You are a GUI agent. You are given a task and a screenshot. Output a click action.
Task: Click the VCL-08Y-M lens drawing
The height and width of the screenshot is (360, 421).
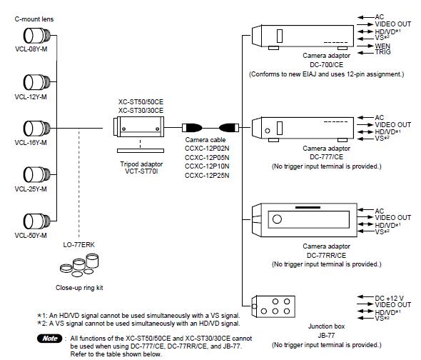tap(37, 36)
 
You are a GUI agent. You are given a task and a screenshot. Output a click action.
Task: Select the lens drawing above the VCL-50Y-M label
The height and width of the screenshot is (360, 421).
tap(37, 221)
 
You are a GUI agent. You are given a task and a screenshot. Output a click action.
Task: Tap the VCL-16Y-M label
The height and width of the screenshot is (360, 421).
tap(31, 142)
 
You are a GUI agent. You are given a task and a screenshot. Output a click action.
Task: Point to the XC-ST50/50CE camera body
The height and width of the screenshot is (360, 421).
tap(138, 126)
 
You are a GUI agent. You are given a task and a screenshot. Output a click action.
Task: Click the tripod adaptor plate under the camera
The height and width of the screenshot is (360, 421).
tap(141, 151)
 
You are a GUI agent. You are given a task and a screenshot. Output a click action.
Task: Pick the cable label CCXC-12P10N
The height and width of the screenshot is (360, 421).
tap(207, 166)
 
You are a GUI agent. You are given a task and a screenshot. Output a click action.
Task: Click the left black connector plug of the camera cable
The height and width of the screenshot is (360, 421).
tap(192, 127)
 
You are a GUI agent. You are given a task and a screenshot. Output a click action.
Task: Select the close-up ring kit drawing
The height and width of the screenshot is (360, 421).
tap(79, 265)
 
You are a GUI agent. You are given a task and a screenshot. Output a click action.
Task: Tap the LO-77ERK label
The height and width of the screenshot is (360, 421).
tap(79, 245)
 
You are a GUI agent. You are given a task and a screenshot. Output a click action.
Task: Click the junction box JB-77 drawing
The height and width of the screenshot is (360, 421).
tap(273, 306)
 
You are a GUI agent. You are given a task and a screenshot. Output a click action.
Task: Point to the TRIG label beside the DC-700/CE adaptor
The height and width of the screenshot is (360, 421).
tap(383, 52)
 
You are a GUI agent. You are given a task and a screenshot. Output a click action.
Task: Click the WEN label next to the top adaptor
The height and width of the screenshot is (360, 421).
tap(382, 46)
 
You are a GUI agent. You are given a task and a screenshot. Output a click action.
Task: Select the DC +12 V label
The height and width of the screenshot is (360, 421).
tap(390, 298)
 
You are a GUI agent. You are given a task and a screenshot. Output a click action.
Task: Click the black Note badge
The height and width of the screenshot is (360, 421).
tap(50, 339)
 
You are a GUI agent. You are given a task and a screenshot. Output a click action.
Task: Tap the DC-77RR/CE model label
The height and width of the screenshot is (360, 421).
tap(326, 255)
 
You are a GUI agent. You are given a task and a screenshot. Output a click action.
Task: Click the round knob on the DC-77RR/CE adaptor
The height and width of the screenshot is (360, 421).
tap(277, 219)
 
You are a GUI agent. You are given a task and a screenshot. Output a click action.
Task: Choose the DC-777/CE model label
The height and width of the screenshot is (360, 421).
tap(326, 156)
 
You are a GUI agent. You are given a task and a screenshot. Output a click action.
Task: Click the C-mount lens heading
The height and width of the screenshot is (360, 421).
tap(34, 19)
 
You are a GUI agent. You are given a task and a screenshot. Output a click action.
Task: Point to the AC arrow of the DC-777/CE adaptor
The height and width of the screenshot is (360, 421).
tap(366, 117)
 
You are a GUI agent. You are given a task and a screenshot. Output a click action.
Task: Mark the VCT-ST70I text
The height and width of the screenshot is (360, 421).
tap(141, 171)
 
